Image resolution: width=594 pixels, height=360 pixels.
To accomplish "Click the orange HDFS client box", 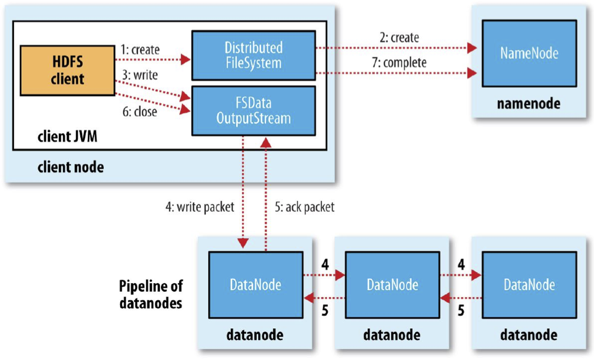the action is click(x=68, y=70).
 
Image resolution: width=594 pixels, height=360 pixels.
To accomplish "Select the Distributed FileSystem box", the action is click(x=254, y=55).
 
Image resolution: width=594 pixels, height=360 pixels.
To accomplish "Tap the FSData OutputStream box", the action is click(x=254, y=111).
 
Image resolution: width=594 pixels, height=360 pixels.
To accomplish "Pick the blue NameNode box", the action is click(x=529, y=53).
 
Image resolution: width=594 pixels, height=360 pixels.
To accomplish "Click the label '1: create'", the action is click(x=140, y=50).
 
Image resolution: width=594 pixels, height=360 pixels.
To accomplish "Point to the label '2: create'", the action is click(x=399, y=38).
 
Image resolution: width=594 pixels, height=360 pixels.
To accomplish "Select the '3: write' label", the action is click(x=140, y=75).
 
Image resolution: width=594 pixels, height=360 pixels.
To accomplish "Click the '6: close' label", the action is click(x=140, y=111).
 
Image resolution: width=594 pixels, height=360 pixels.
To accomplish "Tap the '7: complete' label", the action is click(x=399, y=63).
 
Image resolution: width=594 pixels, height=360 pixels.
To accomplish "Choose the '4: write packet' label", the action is click(x=200, y=207).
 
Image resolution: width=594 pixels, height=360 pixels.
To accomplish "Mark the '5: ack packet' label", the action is click(x=304, y=207).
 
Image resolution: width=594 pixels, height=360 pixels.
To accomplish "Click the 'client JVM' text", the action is click(x=68, y=136).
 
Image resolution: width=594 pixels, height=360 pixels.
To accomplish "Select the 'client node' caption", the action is click(x=71, y=167).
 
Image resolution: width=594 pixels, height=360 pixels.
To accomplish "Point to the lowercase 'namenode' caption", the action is click(x=529, y=104).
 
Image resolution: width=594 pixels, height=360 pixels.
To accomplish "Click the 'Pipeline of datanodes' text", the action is click(x=151, y=295).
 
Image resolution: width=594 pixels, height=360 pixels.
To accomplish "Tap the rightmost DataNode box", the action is click(x=529, y=285).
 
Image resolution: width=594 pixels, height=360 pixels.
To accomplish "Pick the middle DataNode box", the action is click(x=393, y=285).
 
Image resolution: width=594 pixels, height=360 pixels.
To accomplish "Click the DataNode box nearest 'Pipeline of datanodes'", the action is click(x=256, y=285).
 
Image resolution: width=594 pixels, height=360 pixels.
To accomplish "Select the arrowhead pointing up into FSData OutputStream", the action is click(x=266, y=142).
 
